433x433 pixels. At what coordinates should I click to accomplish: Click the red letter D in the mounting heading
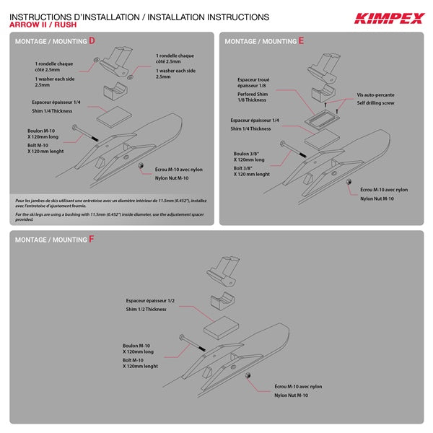[92, 41]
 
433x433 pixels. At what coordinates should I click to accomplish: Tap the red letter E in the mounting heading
[301, 41]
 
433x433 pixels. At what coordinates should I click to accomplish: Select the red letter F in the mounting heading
[92, 238]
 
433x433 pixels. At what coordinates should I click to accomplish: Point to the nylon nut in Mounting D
[141, 165]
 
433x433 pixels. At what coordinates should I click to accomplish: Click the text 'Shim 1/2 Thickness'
[145, 309]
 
